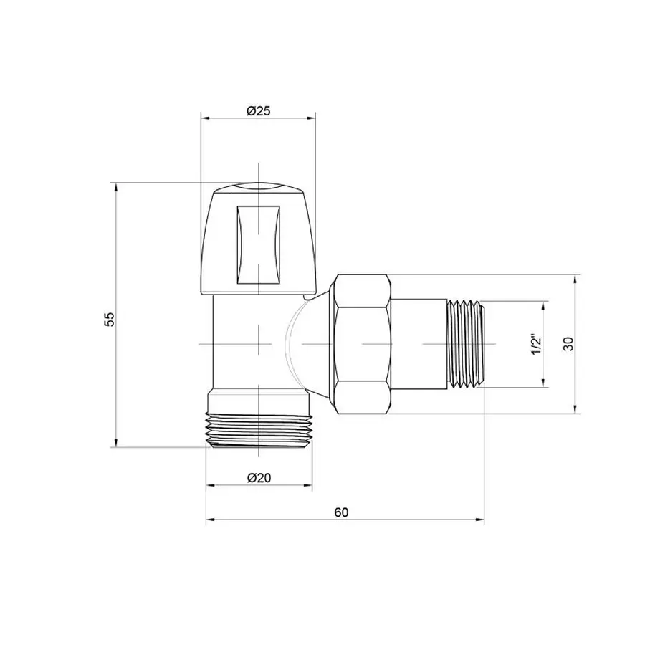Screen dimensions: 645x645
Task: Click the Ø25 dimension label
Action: pos(257,111)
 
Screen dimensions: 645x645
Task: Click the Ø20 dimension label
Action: pos(259,479)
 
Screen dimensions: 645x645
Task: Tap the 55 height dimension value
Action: pos(109,319)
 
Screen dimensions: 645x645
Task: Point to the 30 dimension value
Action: pos(568,343)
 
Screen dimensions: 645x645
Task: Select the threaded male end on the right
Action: pos(467,344)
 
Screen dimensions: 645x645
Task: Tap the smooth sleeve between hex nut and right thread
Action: pos(419,344)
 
